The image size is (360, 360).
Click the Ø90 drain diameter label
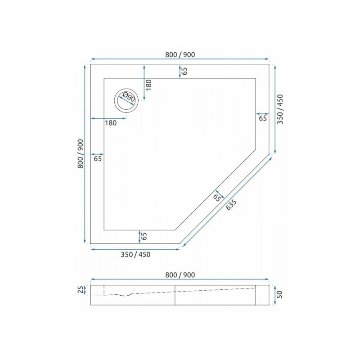pyautogui.click(x=128, y=98)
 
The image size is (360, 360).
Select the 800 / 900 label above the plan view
pyautogui.click(x=180, y=54)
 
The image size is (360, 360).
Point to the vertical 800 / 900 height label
pyautogui.click(x=81, y=153)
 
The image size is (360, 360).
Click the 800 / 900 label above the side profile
pyautogui.click(x=180, y=275)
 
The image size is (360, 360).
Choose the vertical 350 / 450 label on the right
pyautogui.click(x=280, y=110)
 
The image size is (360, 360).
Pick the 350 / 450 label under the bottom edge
pyautogui.click(x=135, y=255)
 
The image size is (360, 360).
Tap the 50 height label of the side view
pyautogui.click(x=279, y=295)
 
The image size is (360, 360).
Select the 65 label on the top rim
pyautogui.click(x=184, y=71)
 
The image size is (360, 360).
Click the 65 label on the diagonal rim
pyautogui.click(x=217, y=197)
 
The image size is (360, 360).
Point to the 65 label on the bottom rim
pyautogui.click(x=144, y=236)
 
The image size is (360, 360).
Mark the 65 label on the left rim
pyautogui.click(x=98, y=158)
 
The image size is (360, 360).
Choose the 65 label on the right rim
pyautogui.click(x=263, y=118)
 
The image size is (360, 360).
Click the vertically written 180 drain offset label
pyautogui.click(x=149, y=85)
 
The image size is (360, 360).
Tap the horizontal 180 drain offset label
pyautogui.click(x=111, y=123)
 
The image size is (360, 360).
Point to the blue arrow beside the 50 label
pyautogui.click(x=274, y=295)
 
